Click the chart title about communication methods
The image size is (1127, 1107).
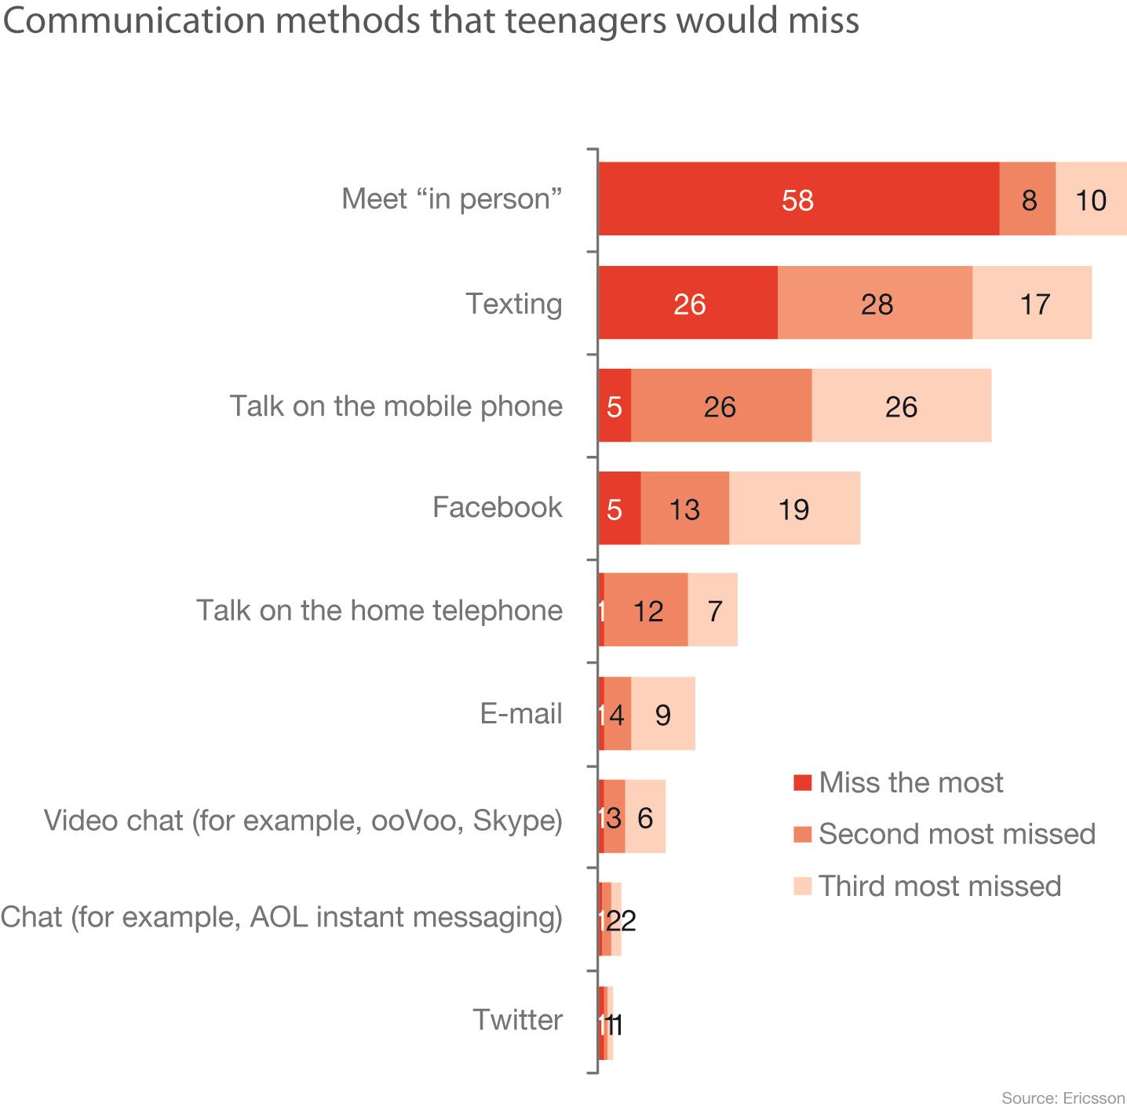[431, 21]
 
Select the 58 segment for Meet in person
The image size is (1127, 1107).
[798, 199]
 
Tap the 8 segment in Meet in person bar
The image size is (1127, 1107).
[1027, 199]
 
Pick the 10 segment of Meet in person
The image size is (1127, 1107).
[1091, 199]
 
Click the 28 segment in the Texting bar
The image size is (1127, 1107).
[875, 303]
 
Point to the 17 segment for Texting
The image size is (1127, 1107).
[1033, 303]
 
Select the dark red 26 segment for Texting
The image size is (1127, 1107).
[688, 303]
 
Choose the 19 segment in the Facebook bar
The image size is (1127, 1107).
[794, 508]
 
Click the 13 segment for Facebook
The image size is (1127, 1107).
[684, 508]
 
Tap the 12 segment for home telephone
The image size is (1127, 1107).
[647, 610]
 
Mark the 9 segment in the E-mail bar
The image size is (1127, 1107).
[663, 714]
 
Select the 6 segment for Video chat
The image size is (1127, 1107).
[645, 817]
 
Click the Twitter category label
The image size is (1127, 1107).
[517, 1020]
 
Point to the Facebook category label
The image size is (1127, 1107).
[497, 508]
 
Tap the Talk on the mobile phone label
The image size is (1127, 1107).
[396, 406]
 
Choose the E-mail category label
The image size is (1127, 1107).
[521, 714]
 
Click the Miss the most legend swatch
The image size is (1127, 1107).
[801, 782]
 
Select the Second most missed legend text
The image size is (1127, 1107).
[957, 833]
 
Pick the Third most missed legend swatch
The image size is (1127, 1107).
[801, 886]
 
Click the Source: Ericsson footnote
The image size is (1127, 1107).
[1063, 1098]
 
